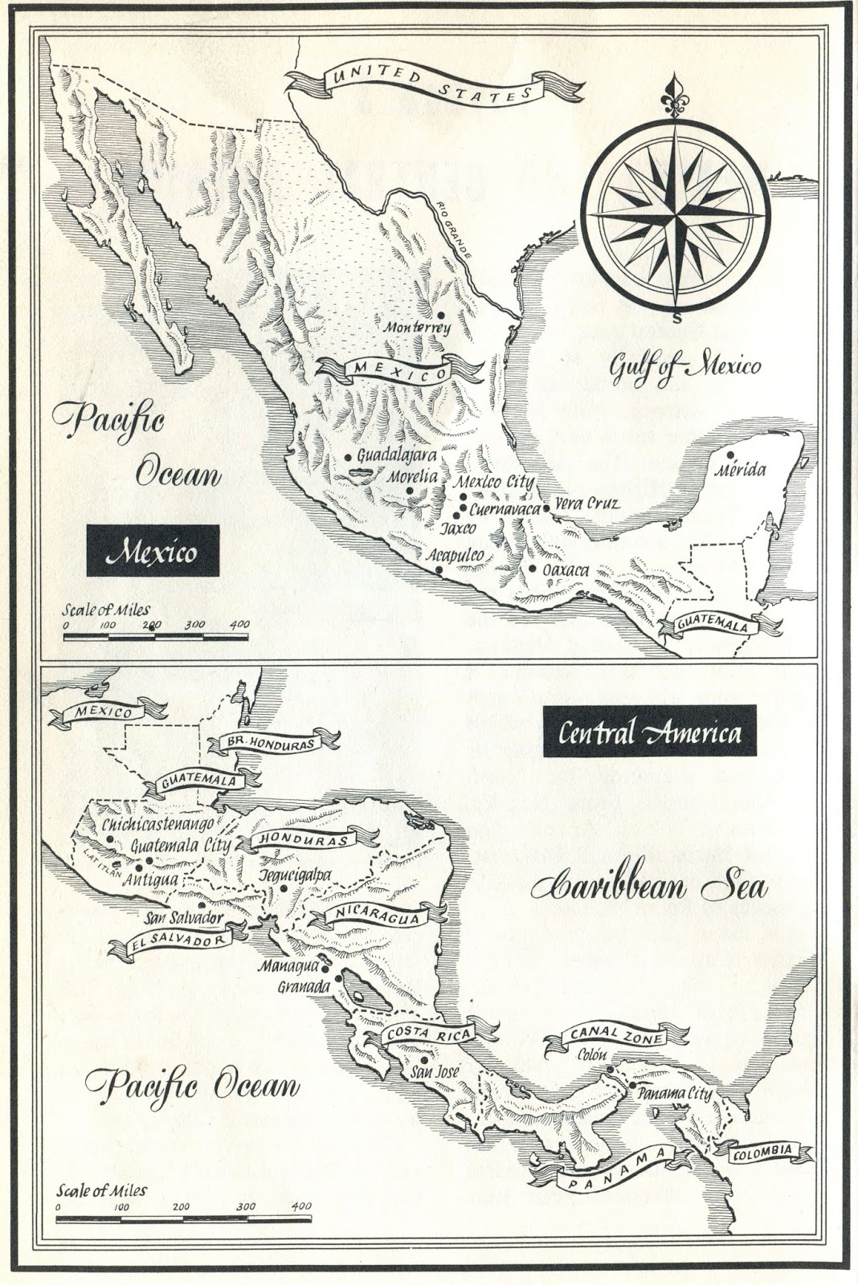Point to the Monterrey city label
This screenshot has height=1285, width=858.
417,328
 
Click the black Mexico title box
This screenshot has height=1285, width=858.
153,552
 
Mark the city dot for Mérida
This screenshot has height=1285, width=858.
729,454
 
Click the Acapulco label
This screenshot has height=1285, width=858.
456,555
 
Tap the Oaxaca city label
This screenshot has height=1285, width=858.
566,570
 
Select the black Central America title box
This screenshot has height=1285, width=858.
649,732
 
